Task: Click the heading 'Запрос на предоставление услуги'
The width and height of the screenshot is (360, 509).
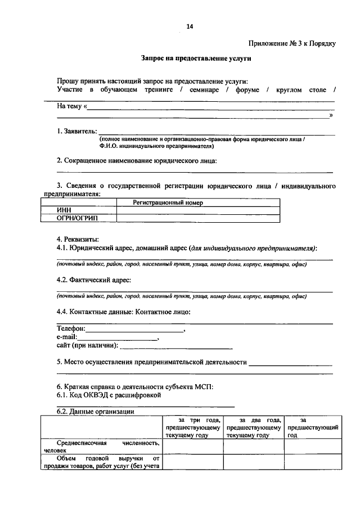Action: pos(196,58)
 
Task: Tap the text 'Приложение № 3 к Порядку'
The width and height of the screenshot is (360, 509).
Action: pos(291,43)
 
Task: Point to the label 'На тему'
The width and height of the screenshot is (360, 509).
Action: pos(70,106)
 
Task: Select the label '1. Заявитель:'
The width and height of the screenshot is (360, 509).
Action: pos(77,131)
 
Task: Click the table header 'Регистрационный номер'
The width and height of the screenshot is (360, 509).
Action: pos(167,202)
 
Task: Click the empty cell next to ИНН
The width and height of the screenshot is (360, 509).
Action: pos(197,210)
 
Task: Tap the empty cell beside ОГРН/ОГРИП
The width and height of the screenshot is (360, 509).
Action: pos(197,217)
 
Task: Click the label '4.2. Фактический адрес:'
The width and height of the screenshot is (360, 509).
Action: pos(94,279)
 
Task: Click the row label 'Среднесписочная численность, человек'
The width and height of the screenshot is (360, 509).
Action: pos(102,447)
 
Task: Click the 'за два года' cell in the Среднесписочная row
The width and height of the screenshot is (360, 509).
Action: pos(253,447)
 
